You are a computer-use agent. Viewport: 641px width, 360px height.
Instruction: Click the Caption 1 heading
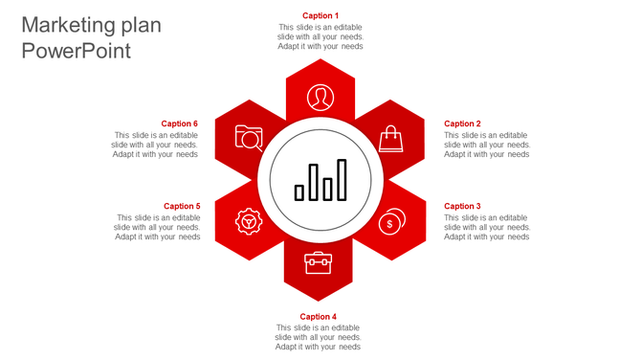pyautogui.click(x=320, y=15)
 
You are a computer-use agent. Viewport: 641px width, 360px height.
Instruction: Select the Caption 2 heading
pyautogui.click(x=462, y=124)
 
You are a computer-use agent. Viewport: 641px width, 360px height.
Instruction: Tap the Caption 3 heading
pyautogui.click(x=462, y=206)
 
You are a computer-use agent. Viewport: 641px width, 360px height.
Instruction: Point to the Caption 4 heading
pyautogui.click(x=319, y=317)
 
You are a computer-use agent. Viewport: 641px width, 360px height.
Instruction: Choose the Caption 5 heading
pyautogui.click(x=182, y=206)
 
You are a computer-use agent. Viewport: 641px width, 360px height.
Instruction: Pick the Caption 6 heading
pyautogui.click(x=180, y=124)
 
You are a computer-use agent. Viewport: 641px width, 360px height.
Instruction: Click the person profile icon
pyautogui.click(x=320, y=97)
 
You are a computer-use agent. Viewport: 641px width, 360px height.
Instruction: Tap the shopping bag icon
pyautogui.click(x=390, y=140)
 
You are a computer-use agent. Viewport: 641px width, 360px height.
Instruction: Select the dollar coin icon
pyautogui.click(x=390, y=222)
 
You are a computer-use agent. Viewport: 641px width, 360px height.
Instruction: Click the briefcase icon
pyautogui.click(x=318, y=262)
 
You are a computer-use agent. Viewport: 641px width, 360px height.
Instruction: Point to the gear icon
pyautogui.click(x=249, y=222)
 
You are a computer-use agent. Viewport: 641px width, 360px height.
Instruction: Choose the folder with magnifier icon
pyautogui.click(x=249, y=139)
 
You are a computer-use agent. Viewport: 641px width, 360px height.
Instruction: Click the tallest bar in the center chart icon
pyautogui.click(x=342, y=180)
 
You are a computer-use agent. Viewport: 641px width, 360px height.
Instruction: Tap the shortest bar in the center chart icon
pyautogui.click(x=299, y=192)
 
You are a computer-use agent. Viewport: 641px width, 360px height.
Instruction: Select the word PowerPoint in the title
pyautogui.click(x=76, y=51)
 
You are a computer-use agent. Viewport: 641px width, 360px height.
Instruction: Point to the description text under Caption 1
pyautogui.click(x=320, y=36)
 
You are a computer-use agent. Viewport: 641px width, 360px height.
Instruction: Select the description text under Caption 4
pyautogui.click(x=319, y=337)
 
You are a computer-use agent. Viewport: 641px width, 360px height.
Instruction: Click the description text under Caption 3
pyautogui.click(x=487, y=227)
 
